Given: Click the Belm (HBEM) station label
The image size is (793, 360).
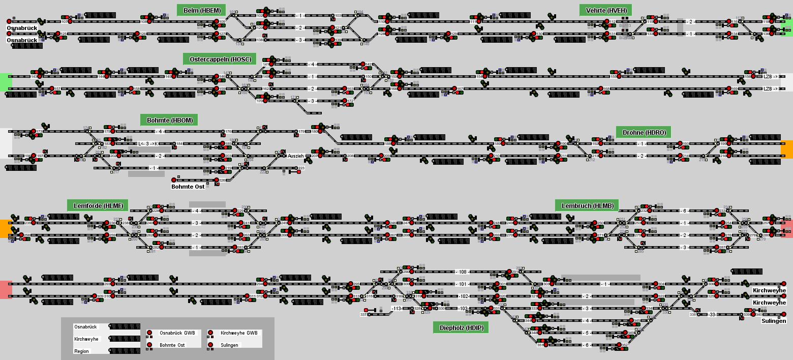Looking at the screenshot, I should point(201,10).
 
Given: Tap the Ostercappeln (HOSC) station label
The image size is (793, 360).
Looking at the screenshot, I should point(220,59).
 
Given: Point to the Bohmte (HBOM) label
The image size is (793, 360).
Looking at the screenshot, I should point(169,120).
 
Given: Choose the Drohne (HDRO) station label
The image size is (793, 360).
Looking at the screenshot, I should point(644,132).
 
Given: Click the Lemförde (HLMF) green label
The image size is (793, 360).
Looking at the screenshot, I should point(98,205).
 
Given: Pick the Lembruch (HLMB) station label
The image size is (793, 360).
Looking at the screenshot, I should point(587,205).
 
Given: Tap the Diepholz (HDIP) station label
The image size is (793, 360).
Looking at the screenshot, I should point(461,327).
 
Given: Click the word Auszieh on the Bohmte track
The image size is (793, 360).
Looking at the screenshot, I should point(295,156).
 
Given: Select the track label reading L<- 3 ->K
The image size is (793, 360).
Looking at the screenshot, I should point(148,144).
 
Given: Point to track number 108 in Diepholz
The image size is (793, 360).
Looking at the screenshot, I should point(462,272).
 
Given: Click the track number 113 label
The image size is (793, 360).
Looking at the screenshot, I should point(396,309).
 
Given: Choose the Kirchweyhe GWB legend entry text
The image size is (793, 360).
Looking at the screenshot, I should point(238,333).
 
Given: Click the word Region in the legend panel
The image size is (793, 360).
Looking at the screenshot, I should point(81,351).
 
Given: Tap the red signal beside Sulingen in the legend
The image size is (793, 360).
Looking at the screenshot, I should point(210,345).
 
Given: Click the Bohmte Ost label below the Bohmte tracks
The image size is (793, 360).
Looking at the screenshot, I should point(188,187).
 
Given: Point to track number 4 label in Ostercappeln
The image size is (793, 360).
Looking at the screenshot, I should point(313,65).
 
